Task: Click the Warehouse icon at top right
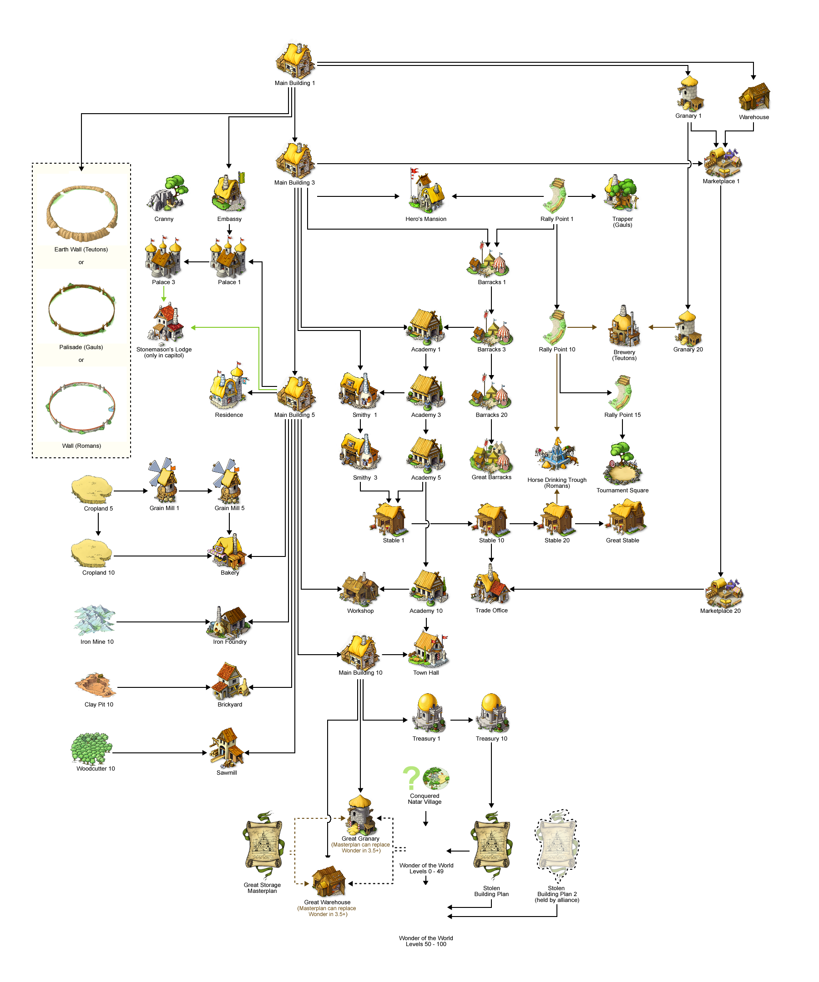754,97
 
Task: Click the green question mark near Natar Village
411,778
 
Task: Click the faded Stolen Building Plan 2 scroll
556,846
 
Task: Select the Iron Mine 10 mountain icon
95,619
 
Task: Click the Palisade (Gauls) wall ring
81,310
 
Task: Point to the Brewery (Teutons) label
624,355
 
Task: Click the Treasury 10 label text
491,739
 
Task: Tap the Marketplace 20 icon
723,592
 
